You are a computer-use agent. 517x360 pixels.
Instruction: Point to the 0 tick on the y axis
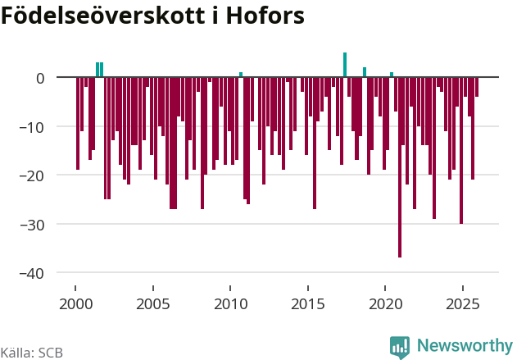(39, 78)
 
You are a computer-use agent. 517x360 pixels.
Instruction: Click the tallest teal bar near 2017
(345, 65)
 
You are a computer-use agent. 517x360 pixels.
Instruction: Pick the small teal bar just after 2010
(241, 75)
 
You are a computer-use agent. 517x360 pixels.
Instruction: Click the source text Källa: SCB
(32, 353)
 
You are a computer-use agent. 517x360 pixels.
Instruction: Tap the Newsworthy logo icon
(400, 346)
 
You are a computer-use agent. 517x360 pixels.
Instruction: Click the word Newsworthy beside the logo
(464, 346)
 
